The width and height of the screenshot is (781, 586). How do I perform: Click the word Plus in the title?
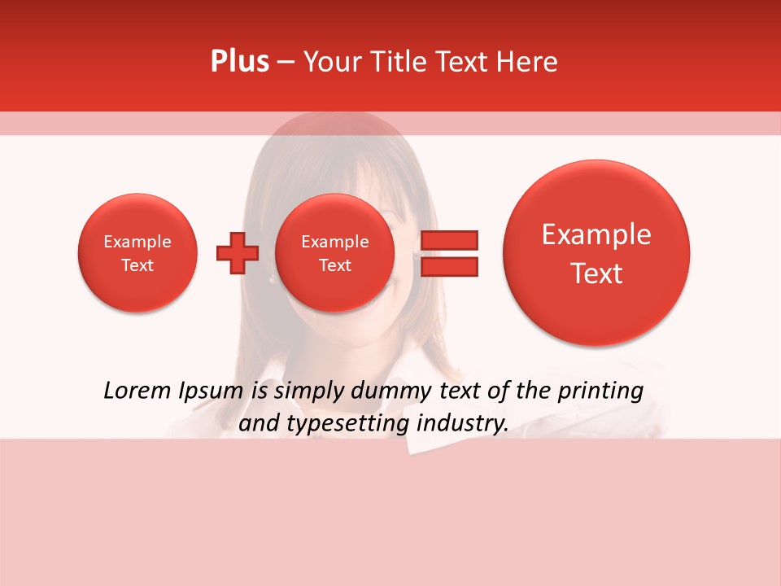click(239, 62)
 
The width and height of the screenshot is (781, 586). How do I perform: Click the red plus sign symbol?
click(238, 253)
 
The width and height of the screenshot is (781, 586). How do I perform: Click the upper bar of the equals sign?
click(449, 239)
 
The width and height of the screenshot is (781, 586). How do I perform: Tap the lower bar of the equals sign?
click(449, 266)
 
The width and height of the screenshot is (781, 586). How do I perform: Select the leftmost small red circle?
click(137, 253)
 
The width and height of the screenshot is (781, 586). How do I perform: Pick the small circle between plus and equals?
click(334, 253)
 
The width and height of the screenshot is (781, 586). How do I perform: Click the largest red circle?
click(596, 253)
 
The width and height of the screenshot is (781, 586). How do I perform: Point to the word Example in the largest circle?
click(596, 234)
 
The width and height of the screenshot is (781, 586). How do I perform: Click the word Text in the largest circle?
click(596, 273)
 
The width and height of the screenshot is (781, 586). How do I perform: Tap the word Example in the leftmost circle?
click(137, 242)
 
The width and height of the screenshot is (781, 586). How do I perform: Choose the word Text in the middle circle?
click(334, 265)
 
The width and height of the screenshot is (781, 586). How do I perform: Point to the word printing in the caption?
click(600, 391)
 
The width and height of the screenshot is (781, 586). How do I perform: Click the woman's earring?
click(271, 279)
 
